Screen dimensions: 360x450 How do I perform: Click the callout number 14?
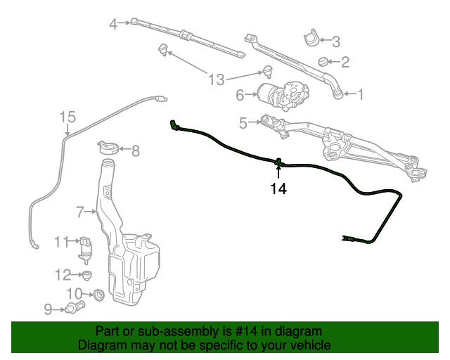point(278,189)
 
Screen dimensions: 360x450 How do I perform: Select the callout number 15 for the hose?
point(67,117)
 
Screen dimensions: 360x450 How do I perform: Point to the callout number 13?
point(217,79)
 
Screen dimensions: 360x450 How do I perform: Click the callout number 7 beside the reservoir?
point(80,211)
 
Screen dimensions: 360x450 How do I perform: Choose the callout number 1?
point(361,94)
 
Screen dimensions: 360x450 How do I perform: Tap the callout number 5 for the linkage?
point(243,123)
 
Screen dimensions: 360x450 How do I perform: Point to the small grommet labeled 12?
point(87,274)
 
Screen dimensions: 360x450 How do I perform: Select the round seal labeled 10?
point(98,295)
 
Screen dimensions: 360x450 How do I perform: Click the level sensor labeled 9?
point(75,307)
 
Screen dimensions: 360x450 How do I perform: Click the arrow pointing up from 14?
point(278,173)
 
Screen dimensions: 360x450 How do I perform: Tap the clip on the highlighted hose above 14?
point(278,162)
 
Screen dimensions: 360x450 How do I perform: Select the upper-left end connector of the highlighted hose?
point(173,125)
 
